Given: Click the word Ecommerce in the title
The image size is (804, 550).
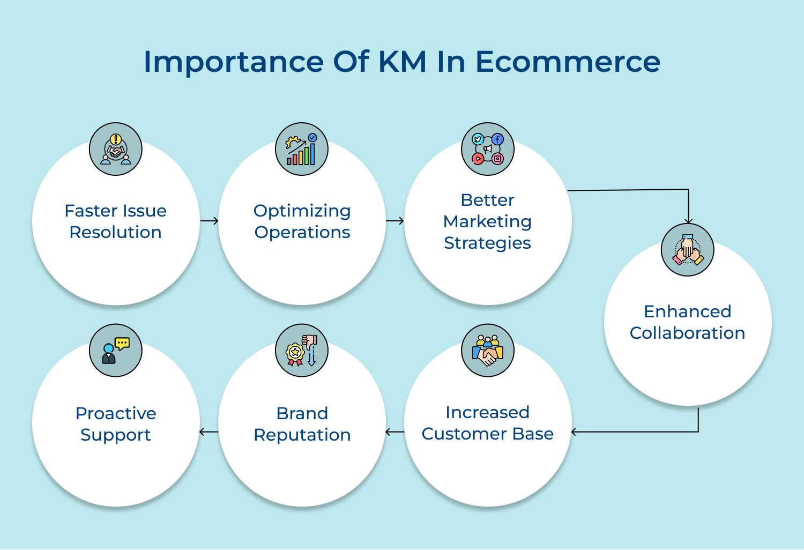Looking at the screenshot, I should click(x=568, y=62).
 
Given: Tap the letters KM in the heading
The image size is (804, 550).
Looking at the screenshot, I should click(x=403, y=62).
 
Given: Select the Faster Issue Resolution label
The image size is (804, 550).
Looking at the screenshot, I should click(x=116, y=221).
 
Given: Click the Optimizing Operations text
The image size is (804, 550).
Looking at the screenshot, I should click(x=302, y=221).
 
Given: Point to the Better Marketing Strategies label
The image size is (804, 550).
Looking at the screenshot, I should click(x=488, y=221).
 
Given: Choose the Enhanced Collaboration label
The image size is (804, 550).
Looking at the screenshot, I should click(x=688, y=322).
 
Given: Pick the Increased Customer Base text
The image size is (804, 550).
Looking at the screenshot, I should click(x=488, y=423).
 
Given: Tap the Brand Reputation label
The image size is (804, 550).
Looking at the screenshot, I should click(x=302, y=424).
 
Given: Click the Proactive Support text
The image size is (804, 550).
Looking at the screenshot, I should click(x=116, y=424).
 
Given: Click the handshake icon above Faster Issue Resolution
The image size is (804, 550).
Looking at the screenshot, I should click(x=116, y=149).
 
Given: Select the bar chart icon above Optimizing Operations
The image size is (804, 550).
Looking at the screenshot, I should click(x=302, y=149).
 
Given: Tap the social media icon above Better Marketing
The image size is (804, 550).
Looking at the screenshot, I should click(x=488, y=149).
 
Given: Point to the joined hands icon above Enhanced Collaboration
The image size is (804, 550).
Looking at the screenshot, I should click(x=688, y=250).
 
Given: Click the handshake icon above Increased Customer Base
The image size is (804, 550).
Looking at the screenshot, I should click(x=488, y=351).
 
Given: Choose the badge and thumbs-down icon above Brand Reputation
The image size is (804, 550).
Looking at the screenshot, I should click(x=302, y=351).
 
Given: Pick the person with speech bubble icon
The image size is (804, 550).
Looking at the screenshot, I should click(x=116, y=351).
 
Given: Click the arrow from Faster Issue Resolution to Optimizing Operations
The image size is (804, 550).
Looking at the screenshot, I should click(x=209, y=221).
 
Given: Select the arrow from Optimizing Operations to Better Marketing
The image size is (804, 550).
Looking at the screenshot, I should click(x=395, y=221).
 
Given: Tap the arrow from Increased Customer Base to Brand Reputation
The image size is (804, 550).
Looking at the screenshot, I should click(x=395, y=432).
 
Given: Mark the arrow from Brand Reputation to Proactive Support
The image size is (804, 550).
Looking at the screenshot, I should click(x=209, y=432).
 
